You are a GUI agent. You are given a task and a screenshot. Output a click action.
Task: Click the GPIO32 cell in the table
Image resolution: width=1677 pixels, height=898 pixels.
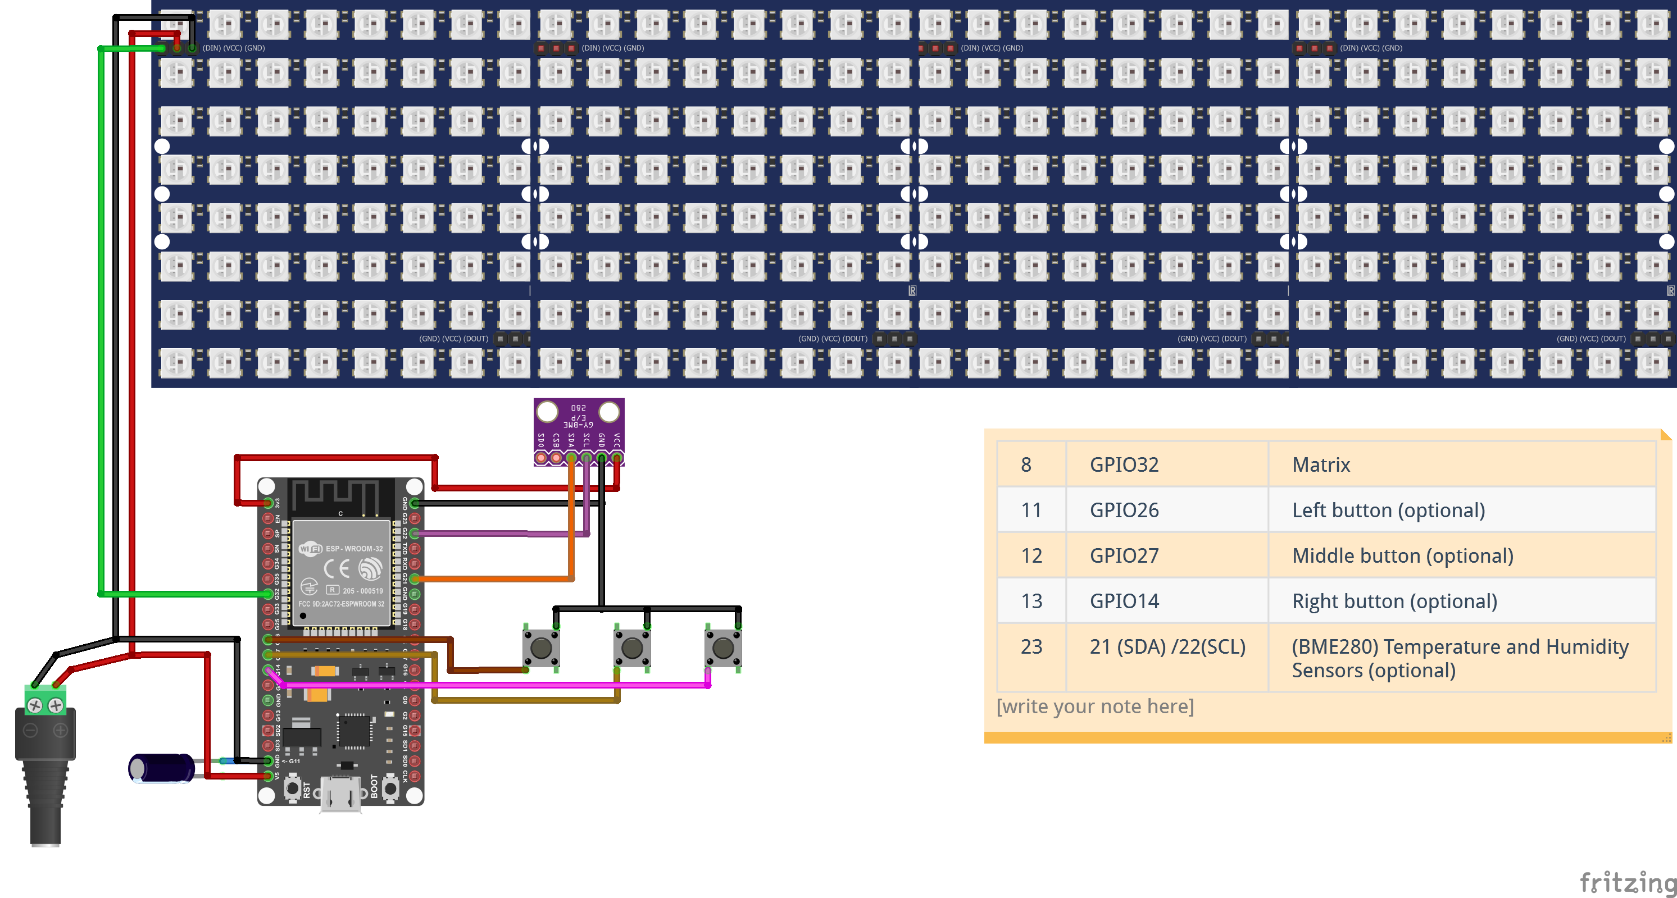[x=1124, y=464]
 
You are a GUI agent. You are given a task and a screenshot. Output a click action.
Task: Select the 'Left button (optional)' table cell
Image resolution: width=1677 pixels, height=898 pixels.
[x=1388, y=510]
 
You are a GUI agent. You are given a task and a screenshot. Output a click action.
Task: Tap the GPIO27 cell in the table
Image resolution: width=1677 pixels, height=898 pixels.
[x=1124, y=556]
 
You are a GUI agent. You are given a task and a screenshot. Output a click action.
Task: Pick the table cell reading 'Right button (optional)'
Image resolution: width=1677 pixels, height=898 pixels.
[x=1394, y=601]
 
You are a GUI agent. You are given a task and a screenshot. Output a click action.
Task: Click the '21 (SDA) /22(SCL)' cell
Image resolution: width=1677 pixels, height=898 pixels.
[x=1167, y=647]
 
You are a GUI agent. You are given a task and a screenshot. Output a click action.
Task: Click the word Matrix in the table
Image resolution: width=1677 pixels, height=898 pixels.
[x=1321, y=464]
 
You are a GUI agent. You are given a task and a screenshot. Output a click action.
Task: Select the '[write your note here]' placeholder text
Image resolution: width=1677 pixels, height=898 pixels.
[x=1095, y=706]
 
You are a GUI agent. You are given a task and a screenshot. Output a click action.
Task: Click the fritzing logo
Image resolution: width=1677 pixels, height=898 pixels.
[x=1628, y=882]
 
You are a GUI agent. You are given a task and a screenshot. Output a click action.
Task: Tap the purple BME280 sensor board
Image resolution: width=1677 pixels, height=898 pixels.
[x=579, y=430]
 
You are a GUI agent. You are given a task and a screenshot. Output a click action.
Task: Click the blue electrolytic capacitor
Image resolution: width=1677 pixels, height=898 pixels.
[x=161, y=768]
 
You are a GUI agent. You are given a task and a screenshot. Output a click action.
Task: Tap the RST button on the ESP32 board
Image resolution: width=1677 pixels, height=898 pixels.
[x=293, y=788]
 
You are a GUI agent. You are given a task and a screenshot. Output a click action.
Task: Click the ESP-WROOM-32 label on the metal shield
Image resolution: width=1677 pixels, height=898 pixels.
[x=353, y=549]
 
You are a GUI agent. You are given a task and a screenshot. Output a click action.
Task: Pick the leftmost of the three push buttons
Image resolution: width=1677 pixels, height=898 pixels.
[x=541, y=648]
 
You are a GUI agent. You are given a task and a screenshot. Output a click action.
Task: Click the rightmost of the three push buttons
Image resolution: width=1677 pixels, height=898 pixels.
[x=722, y=648]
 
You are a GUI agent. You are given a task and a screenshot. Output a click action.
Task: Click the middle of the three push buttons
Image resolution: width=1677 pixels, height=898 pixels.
[x=631, y=648]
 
